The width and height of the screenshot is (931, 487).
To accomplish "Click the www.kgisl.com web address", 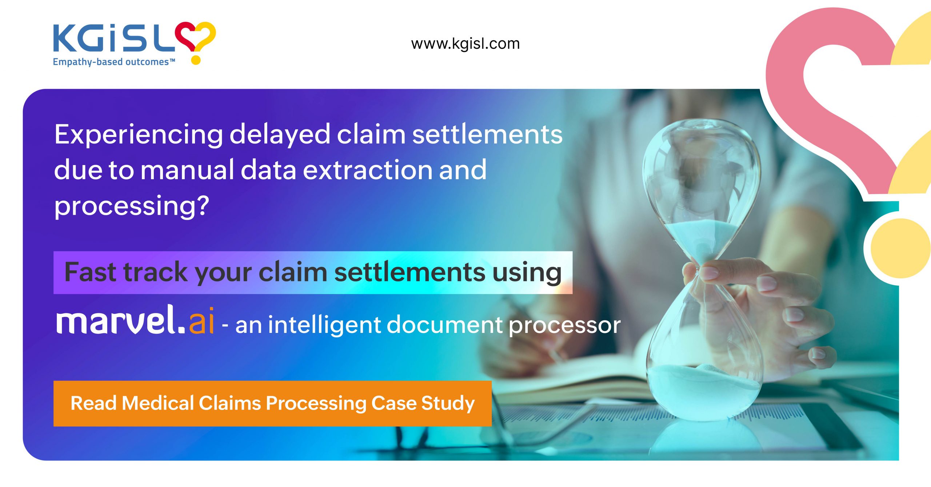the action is (465, 44).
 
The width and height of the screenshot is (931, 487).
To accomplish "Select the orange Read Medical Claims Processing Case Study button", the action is (272, 403).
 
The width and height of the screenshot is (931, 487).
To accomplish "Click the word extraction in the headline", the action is (368, 170).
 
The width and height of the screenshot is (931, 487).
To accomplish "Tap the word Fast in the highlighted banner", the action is (89, 272).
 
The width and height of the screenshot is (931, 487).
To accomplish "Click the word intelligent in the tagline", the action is (324, 325).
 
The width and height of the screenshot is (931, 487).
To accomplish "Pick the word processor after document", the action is (565, 326).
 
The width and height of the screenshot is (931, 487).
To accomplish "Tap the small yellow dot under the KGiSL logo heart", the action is (196, 60).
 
